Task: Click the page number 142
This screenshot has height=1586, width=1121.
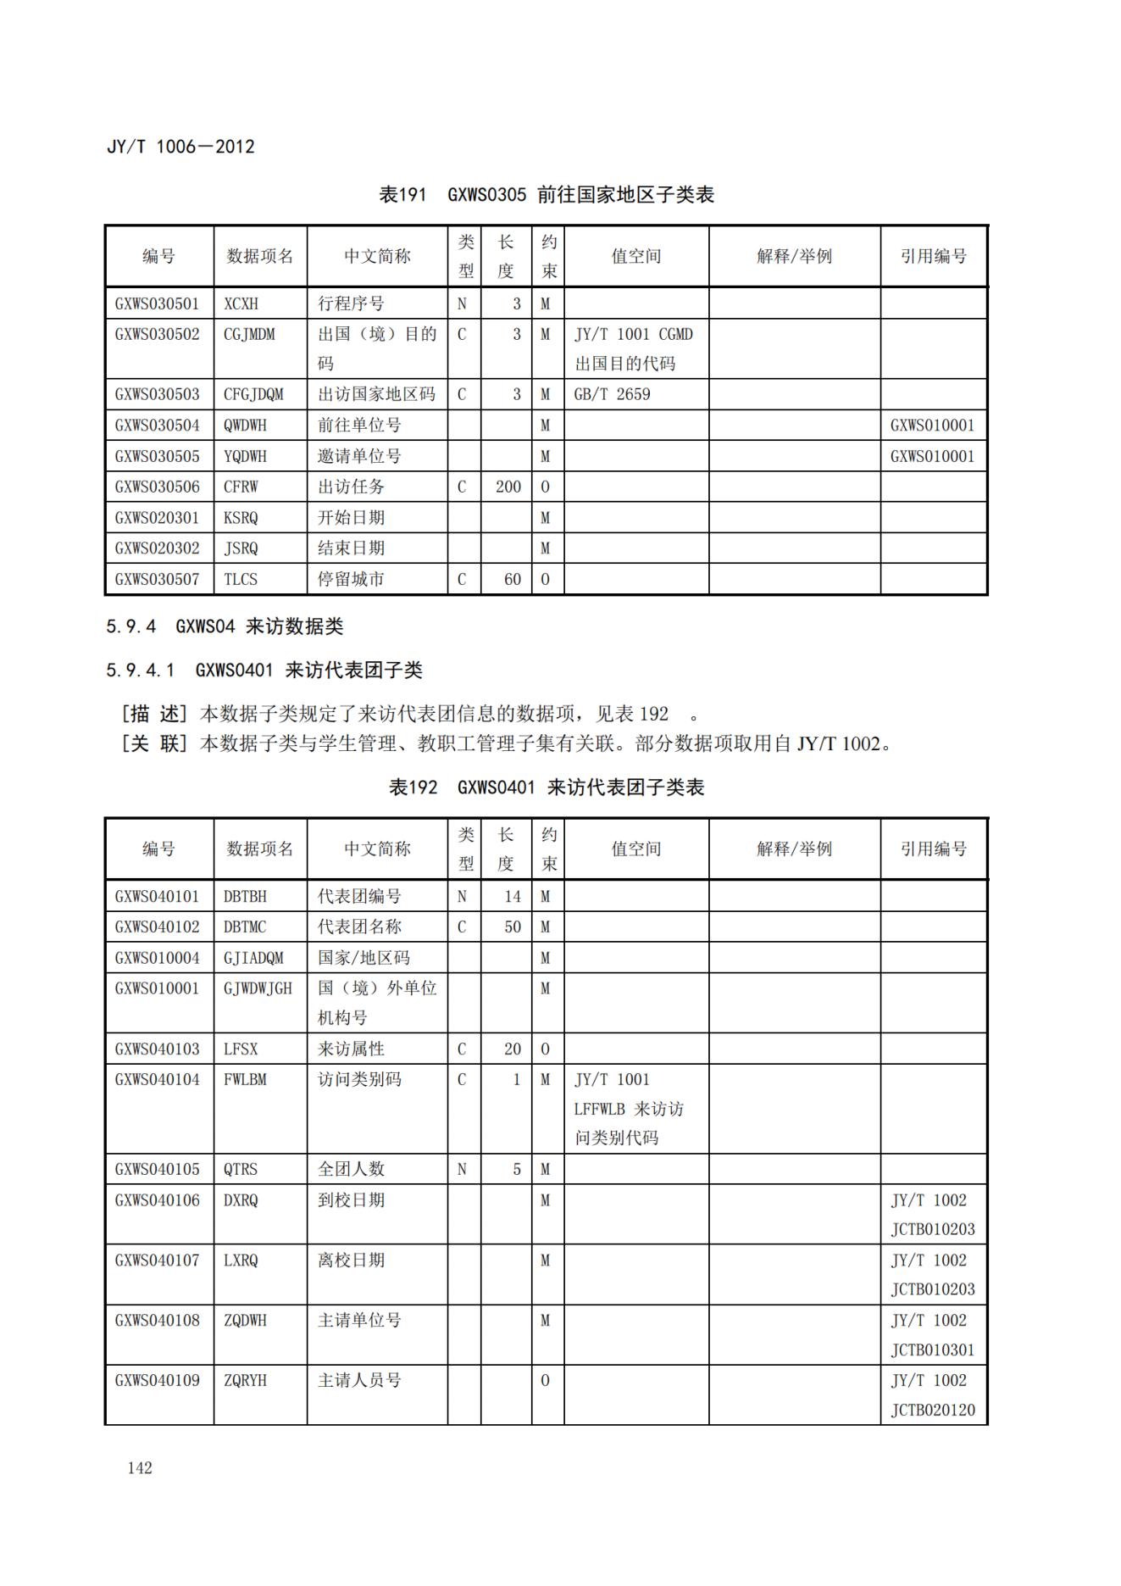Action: tap(140, 1467)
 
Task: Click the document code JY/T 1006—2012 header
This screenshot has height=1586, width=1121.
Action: tap(180, 147)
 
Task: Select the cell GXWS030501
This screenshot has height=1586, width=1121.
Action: tap(158, 303)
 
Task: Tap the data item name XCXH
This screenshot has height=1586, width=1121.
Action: tap(241, 303)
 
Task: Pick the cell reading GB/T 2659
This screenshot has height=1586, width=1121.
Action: tap(612, 394)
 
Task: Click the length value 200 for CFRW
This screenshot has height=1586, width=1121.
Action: tap(508, 487)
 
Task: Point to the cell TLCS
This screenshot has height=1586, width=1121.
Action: tap(241, 579)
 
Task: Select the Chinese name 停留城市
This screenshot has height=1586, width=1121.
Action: tap(351, 579)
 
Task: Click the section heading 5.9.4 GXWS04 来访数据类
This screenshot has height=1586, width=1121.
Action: tap(225, 626)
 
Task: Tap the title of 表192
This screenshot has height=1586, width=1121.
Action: tap(547, 787)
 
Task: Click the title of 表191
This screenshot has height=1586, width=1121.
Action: tap(547, 195)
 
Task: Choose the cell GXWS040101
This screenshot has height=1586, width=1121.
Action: tap(158, 896)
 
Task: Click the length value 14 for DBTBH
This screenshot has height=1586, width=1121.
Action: tap(512, 896)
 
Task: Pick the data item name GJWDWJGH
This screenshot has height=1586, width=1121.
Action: tap(258, 988)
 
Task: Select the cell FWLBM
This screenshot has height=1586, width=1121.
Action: tap(245, 1079)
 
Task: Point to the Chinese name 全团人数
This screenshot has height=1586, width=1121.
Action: tap(351, 1169)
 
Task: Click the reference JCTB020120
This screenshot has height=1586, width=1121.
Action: tap(932, 1410)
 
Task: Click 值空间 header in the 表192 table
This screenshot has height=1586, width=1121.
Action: tap(635, 849)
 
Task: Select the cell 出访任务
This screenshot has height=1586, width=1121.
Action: tap(351, 487)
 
